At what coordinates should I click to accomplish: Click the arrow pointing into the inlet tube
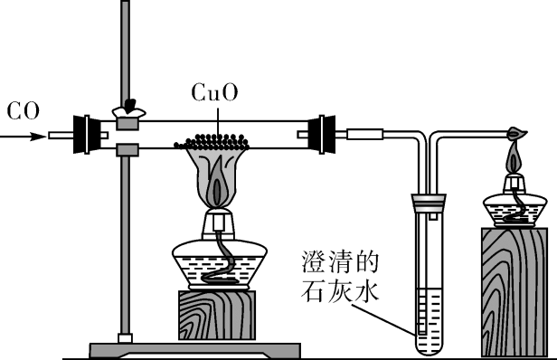[27, 137]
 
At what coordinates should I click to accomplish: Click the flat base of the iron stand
[194, 348]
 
